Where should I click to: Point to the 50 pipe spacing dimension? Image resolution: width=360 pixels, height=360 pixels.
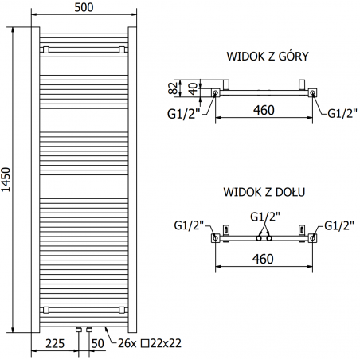97,344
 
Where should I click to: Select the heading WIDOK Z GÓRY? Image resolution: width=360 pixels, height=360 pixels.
267,57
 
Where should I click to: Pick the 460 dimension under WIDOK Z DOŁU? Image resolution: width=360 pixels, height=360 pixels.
263,258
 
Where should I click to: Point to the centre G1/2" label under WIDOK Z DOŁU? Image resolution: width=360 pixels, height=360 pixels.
264,217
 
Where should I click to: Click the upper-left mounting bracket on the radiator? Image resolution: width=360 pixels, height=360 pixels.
47,49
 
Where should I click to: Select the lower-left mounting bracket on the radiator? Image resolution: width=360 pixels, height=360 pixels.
47,308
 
